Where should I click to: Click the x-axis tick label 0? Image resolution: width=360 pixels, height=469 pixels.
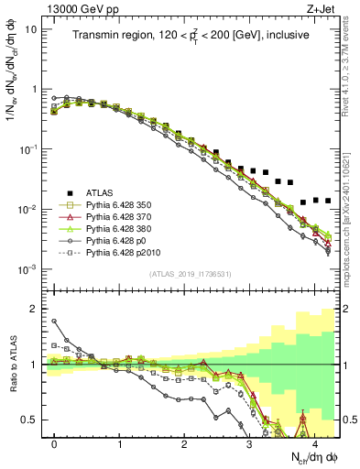point(55,442)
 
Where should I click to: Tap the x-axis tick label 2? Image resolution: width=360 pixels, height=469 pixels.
point(184,442)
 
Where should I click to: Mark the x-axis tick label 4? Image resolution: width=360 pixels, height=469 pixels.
point(313,442)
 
